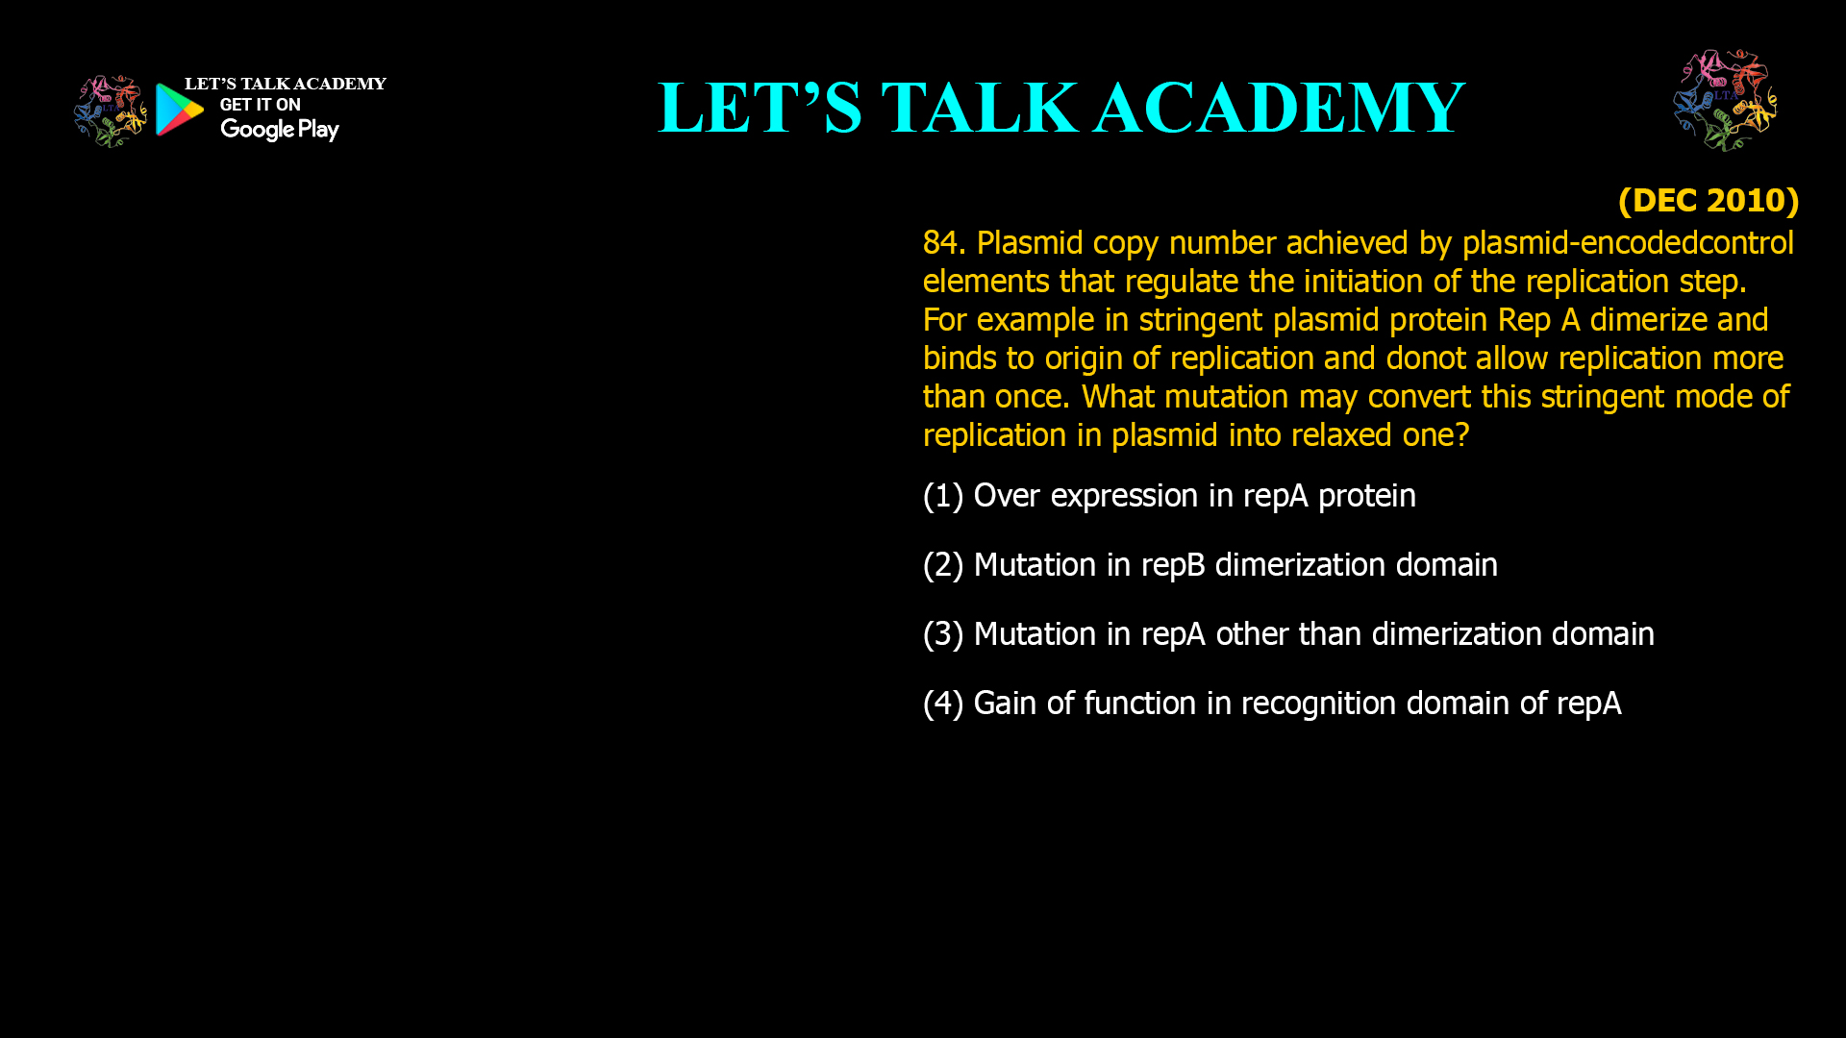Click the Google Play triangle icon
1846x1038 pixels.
point(179,110)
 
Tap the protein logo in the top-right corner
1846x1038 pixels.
point(1725,100)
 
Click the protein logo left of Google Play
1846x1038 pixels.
point(111,111)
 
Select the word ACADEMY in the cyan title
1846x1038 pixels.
point(1280,108)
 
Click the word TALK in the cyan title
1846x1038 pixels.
point(980,108)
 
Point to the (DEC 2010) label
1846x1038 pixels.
point(1709,200)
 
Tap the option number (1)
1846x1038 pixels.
point(943,496)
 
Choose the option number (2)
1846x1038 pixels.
point(943,565)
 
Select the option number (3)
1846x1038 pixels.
point(943,634)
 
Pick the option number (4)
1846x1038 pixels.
point(943,704)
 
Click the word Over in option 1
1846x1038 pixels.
point(1007,496)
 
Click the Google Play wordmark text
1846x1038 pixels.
point(280,130)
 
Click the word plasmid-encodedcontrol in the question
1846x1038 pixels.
point(1628,243)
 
